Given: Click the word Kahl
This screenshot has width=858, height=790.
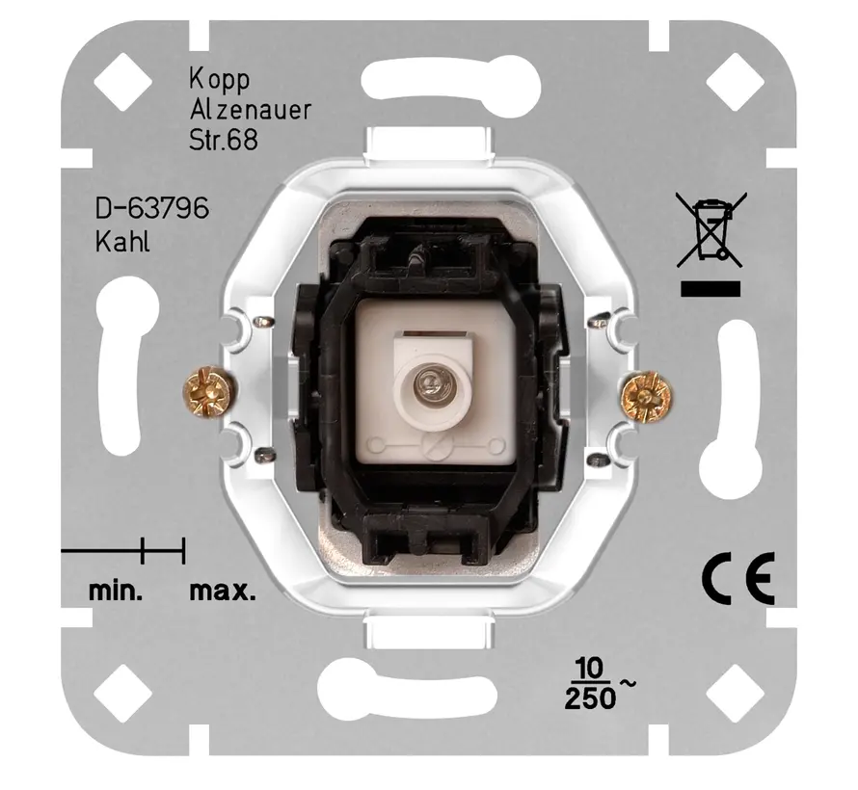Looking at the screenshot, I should [x=122, y=241].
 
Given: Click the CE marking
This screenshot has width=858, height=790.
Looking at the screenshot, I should [x=737, y=580].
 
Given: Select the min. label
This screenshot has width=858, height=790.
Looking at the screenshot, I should [x=116, y=591].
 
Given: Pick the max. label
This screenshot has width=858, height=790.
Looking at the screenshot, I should [x=223, y=591].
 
